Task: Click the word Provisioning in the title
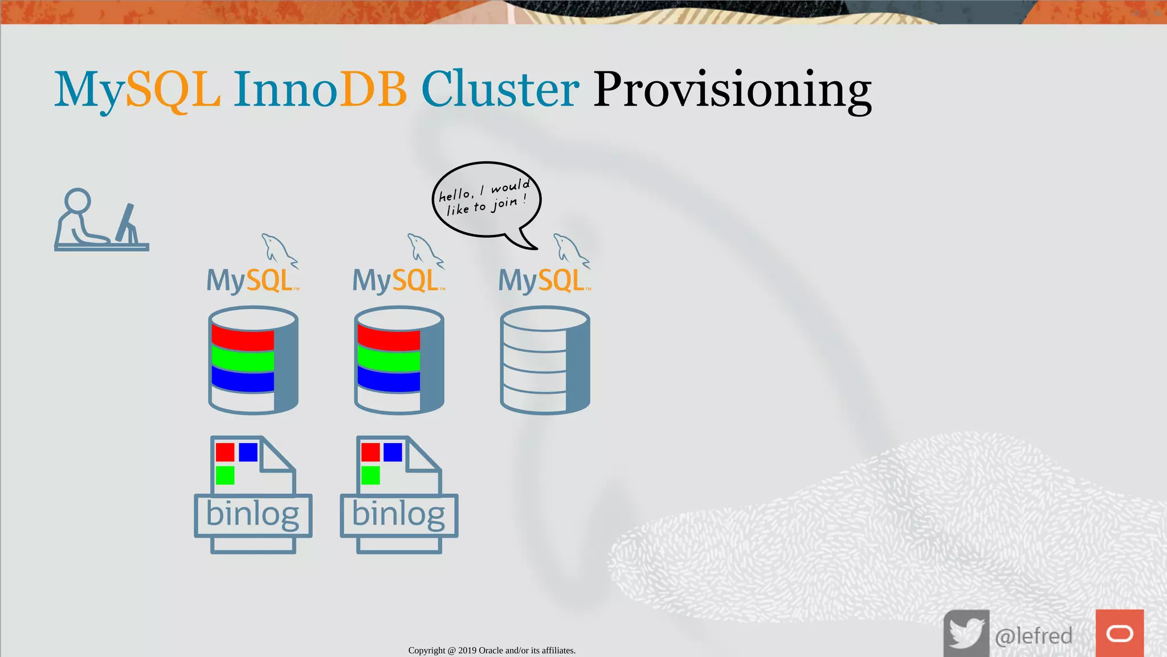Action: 732,90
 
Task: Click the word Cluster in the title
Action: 500,90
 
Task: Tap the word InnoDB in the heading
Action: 320,90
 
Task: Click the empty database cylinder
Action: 545,360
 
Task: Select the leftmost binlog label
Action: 253,515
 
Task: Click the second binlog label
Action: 399,515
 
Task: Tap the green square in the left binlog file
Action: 225,475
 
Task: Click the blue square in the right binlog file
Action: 393,452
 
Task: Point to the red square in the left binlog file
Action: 225,452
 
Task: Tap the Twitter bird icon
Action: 966,634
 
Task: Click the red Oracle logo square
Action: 1120,634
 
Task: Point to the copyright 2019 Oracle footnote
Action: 492,650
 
